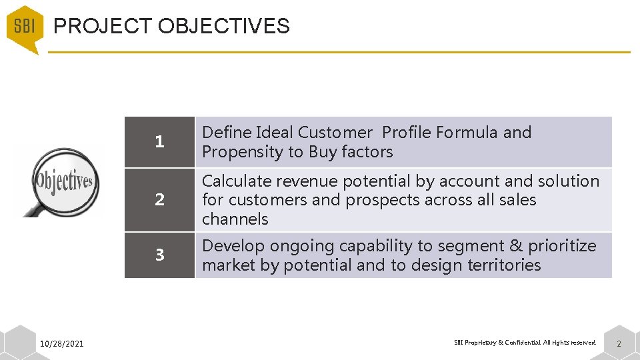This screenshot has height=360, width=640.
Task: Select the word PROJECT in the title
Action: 103,27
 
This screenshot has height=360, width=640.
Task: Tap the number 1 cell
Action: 159,142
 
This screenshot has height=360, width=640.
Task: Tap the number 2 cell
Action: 159,200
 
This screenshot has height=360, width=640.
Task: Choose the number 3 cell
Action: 159,255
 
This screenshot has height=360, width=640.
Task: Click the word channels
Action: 235,219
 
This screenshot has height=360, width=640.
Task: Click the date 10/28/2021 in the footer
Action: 62,343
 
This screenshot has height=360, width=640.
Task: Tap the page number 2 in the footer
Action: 618,343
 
